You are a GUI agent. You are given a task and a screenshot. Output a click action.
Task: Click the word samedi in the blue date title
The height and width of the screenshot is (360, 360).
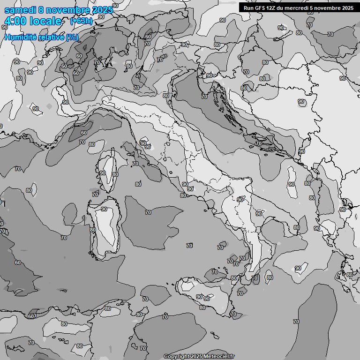(22, 10)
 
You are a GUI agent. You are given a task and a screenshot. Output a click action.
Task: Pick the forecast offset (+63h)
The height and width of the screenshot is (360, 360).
(81, 21)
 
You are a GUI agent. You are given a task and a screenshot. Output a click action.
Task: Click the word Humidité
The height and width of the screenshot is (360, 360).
(20, 37)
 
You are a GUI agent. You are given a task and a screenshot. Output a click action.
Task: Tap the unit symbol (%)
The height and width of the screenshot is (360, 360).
(72, 37)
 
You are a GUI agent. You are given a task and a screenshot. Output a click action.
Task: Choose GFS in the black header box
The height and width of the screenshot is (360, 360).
(262, 8)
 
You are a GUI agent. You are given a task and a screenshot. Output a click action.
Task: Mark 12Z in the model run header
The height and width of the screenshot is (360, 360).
(273, 8)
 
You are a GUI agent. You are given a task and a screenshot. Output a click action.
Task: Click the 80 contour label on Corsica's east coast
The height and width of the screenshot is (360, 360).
(115, 174)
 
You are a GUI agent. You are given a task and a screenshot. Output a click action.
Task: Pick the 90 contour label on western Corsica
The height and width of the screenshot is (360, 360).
(102, 173)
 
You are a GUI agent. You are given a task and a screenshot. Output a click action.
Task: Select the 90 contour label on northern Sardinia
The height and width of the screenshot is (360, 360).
(104, 209)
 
